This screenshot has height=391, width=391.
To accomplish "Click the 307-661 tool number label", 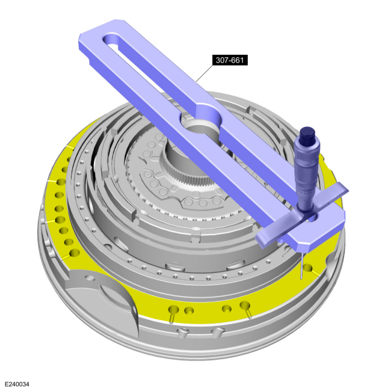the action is point(230,60).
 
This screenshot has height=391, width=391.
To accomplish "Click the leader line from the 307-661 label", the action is point(204,73).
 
